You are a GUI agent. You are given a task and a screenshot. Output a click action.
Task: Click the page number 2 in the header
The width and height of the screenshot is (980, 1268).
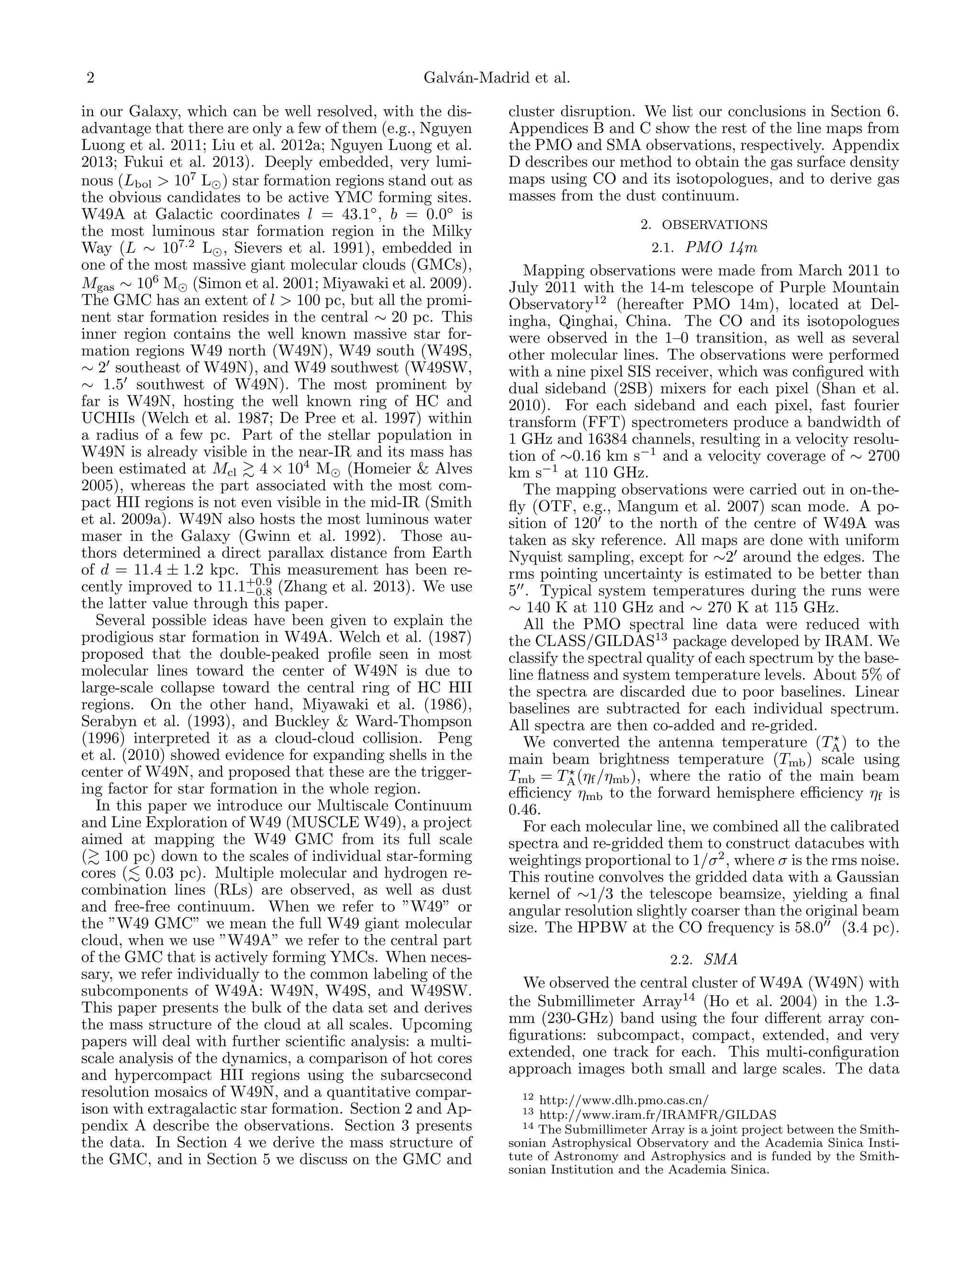[x=90, y=78]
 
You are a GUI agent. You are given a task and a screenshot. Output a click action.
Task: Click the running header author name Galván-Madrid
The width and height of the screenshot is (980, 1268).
[x=468, y=78]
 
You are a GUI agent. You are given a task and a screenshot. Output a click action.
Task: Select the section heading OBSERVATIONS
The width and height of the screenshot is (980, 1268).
[x=715, y=225]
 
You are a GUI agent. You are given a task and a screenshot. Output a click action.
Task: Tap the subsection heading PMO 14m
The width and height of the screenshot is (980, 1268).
[x=721, y=248]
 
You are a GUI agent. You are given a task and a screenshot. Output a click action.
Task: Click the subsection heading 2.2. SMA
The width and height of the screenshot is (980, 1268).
[x=703, y=960]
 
